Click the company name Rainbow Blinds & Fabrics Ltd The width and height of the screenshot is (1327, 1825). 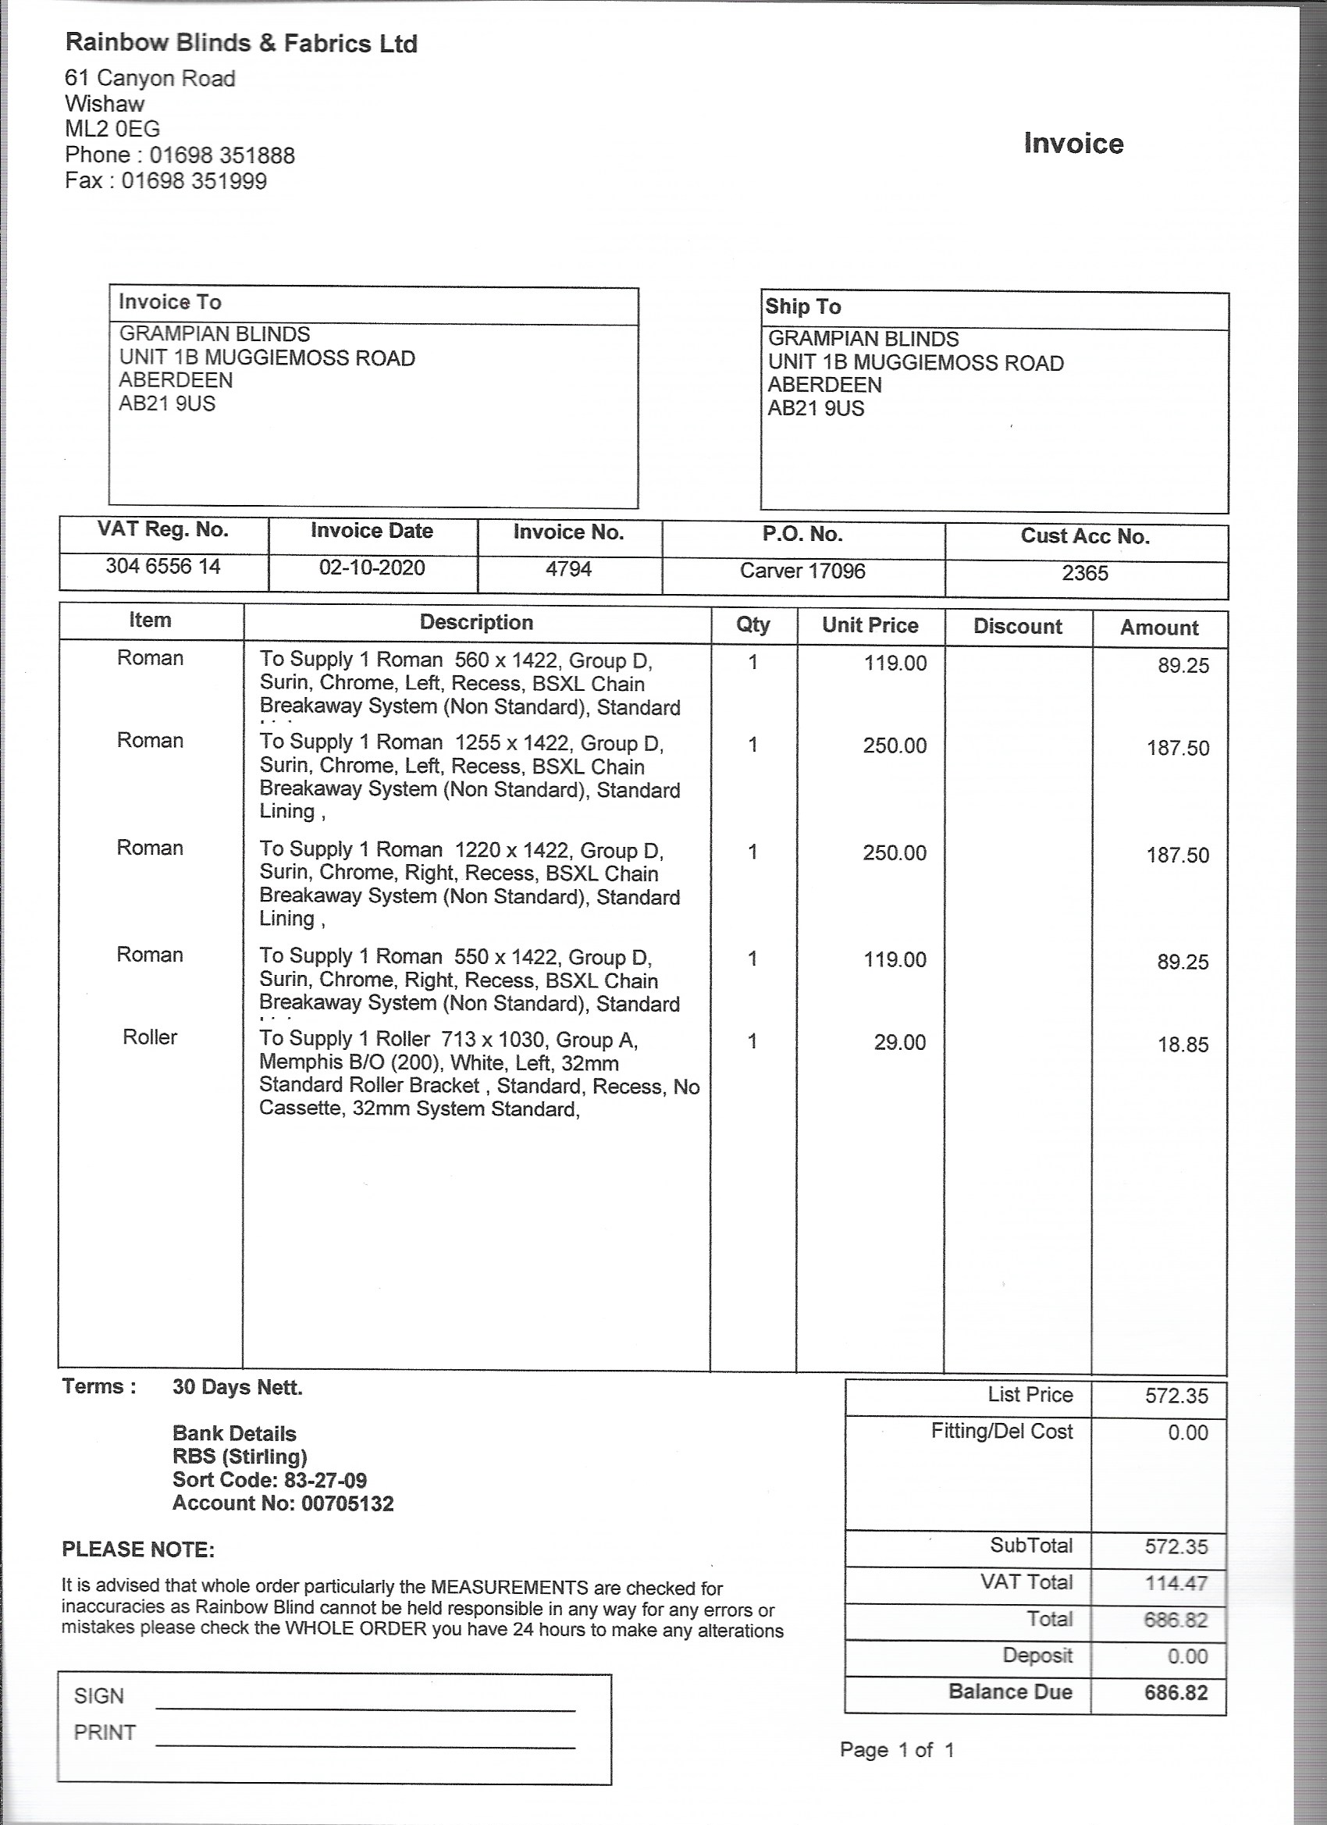tap(240, 44)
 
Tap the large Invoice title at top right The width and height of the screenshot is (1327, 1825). tap(1073, 143)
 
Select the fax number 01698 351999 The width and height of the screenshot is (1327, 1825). tap(194, 180)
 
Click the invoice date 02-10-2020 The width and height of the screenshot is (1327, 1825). tap(372, 568)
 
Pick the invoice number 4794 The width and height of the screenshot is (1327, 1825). tap(568, 570)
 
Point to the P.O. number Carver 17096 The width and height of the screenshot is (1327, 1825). tap(802, 571)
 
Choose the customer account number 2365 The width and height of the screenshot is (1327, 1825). tap(1085, 574)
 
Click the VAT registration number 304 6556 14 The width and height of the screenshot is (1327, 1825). tap(162, 567)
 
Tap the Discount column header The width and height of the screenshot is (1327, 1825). tap(1017, 627)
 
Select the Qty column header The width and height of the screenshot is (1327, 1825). tap(752, 625)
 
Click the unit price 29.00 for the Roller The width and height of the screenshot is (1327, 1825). tap(900, 1043)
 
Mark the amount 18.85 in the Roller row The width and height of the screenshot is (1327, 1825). tap(1182, 1045)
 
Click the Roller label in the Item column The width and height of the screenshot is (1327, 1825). tap(150, 1037)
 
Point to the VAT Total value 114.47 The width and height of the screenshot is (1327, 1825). tap(1176, 1584)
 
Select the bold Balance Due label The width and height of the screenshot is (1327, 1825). tap(1010, 1692)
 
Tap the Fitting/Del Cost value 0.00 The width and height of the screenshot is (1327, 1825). tap(1188, 1433)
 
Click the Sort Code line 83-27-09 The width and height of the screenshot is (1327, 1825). tap(269, 1480)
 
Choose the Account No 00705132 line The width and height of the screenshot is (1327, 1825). tap(283, 1503)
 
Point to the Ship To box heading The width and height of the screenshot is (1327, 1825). tap(803, 307)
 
